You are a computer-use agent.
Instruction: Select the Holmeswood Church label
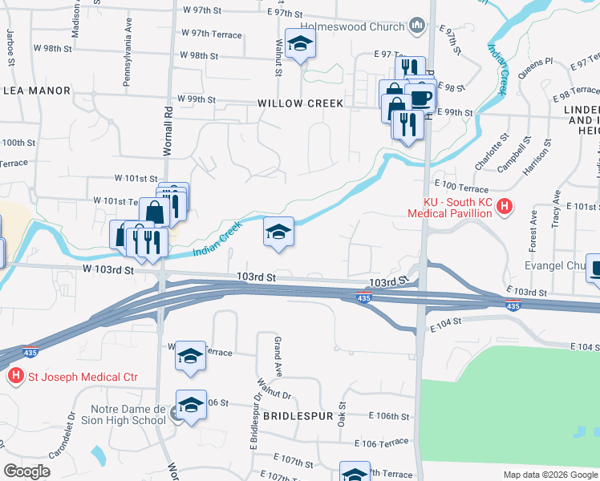pos(364,27)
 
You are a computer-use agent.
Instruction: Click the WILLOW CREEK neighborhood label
pos(301,103)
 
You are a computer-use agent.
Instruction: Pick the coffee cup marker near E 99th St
pos(421,99)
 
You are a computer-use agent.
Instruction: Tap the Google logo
pos(27,471)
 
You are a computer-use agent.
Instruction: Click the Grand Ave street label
pos(278,357)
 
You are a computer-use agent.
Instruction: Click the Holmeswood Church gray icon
pos(417,27)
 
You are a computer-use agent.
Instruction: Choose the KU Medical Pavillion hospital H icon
pos(505,208)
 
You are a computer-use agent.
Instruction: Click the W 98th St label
pos(199,56)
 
